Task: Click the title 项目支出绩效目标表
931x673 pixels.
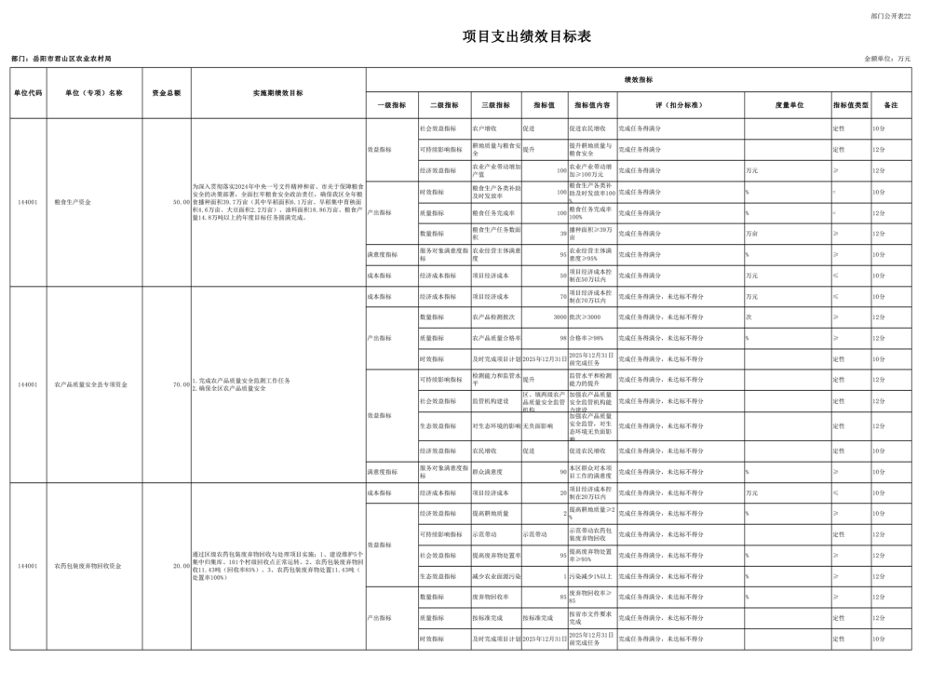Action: tap(527, 36)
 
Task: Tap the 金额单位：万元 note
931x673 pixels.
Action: tap(887, 59)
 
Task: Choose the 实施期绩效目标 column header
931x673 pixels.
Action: tap(277, 93)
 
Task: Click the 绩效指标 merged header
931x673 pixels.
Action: tap(638, 80)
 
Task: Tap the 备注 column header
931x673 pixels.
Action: tap(890, 105)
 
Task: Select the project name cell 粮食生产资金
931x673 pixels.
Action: tap(73, 201)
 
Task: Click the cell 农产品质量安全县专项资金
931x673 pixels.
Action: tap(90, 384)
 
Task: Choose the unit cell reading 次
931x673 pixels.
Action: tap(748, 317)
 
